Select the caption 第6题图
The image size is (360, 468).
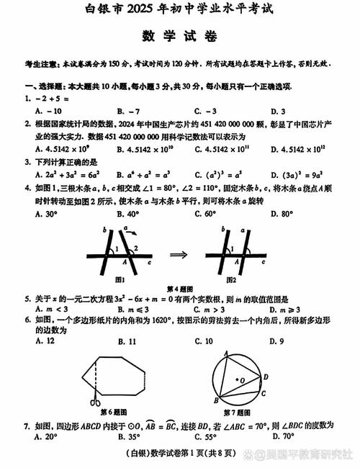(x=109, y=413)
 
